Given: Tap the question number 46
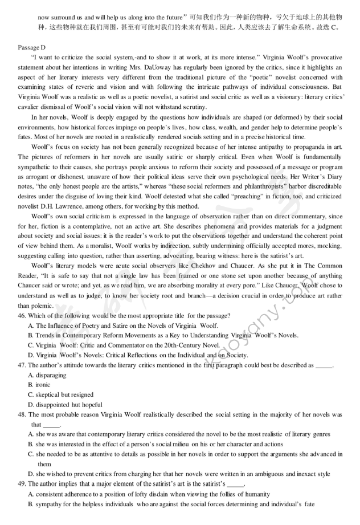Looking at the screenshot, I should tap(23, 316).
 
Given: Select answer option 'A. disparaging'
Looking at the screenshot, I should tap(47, 375).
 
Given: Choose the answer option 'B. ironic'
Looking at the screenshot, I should tap(40, 385).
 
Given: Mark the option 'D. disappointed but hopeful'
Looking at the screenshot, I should tap(64, 405).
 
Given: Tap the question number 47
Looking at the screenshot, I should tap(23, 365).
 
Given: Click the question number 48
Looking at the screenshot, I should tap(23, 415).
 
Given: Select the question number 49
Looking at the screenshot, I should tap(23, 483).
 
